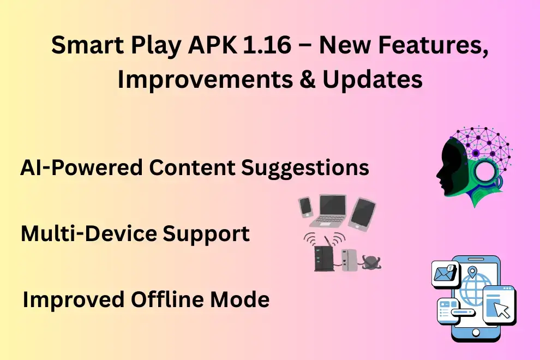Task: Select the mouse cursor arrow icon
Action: click(501, 309)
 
